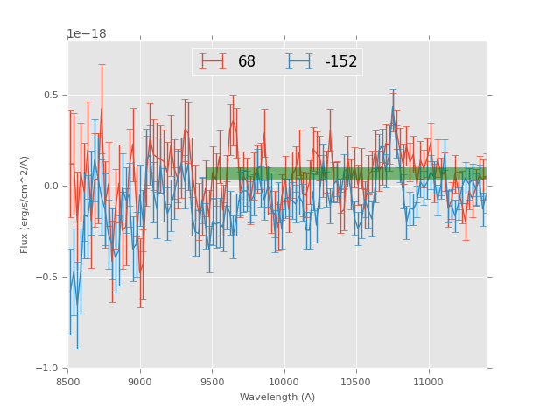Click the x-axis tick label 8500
[x=68, y=381]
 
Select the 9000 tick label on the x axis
[x=140, y=381]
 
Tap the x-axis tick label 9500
[x=212, y=381]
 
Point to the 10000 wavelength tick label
[x=284, y=381]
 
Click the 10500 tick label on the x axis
[x=356, y=381]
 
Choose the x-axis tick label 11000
[x=428, y=381]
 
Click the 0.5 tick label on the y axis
[x=53, y=95]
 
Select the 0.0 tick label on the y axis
[x=53, y=187]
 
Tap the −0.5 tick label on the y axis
[x=51, y=277]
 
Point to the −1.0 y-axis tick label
[x=51, y=368]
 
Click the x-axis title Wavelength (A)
[x=277, y=397]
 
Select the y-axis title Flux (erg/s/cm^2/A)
[x=25, y=204]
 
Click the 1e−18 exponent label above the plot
[x=87, y=34]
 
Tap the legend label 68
[x=247, y=62]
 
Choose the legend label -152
[x=340, y=62]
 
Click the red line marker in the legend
[x=212, y=61]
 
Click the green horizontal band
[x=346, y=173]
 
